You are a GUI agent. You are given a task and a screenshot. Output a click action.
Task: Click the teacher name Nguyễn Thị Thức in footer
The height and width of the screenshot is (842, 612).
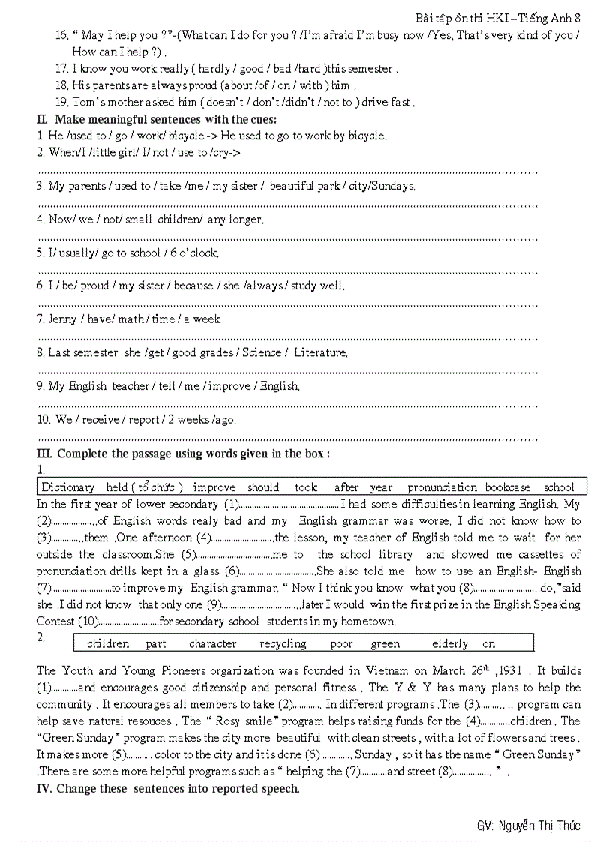point(528,826)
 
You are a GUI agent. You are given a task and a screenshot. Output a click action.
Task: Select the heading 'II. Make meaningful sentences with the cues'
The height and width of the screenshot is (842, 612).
point(157,119)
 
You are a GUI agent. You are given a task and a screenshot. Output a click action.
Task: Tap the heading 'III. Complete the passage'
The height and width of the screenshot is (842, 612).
point(183,454)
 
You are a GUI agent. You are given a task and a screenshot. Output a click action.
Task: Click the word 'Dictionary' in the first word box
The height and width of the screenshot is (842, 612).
point(67,487)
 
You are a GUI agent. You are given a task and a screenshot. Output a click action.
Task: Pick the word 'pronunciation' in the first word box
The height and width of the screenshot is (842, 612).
point(442,487)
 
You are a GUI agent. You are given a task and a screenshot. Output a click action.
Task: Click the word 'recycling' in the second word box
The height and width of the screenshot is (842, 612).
point(283,643)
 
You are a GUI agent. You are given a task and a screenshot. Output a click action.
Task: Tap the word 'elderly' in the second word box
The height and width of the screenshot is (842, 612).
point(450,643)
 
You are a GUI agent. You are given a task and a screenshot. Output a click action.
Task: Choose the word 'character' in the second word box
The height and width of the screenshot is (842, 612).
point(212,643)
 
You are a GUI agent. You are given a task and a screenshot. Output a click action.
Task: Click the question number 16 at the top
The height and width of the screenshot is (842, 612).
point(62,35)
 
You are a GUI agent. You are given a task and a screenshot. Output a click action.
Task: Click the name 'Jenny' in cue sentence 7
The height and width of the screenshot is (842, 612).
point(62,319)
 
